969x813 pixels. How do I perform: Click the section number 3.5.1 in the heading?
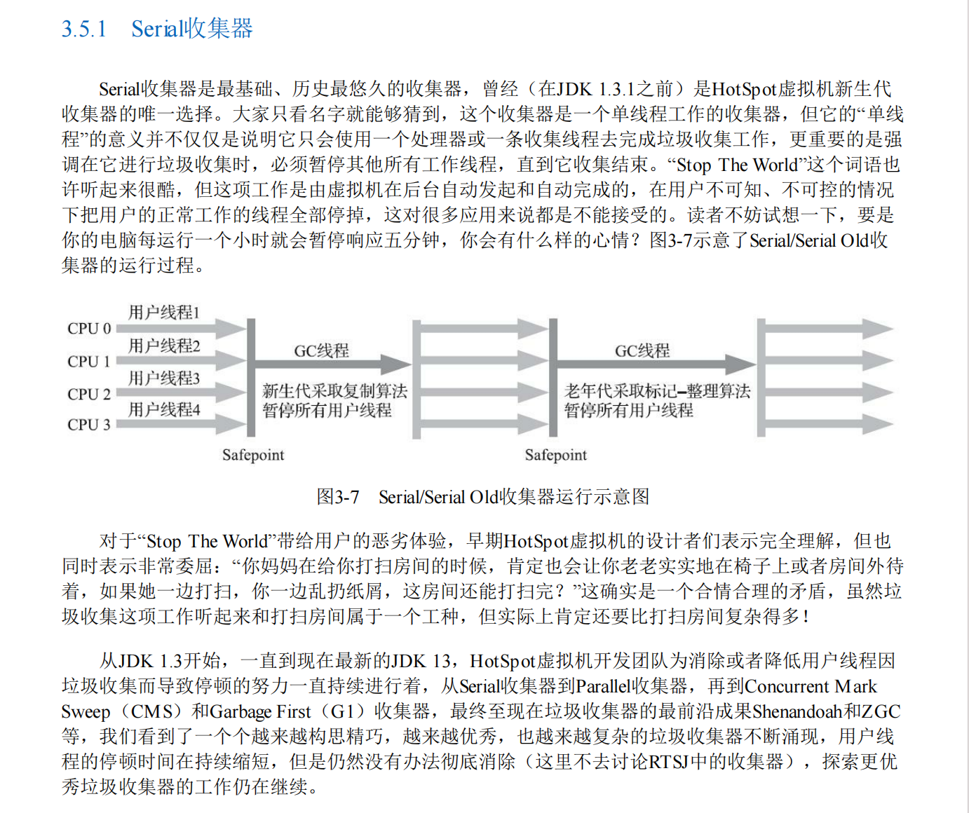tap(84, 29)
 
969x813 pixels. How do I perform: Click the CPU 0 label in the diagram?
tap(89, 328)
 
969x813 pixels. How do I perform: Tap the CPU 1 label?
tap(89, 362)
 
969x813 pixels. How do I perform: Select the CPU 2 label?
tap(89, 394)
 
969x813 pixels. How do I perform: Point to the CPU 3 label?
tap(89, 425)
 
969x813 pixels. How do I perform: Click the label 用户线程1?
tap(164, 312)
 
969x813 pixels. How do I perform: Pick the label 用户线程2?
tap(164, 346)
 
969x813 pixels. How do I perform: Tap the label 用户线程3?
tap(164, 378)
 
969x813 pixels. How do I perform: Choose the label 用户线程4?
tap(164, 409)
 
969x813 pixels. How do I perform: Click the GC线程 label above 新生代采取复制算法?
tap(321, 350)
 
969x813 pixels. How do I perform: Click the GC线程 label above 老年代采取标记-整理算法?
tap(642, 350)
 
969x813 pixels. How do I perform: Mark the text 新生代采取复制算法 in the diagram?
tap(334, 390)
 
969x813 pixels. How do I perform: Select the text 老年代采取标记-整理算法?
tap(657, 390)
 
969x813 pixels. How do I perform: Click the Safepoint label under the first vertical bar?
tap(253, 455)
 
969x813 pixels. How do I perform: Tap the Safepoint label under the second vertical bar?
tap(556, 455)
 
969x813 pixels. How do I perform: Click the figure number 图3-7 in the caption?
tap(338, 497)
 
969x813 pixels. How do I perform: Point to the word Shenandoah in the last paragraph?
tap(797, 711)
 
